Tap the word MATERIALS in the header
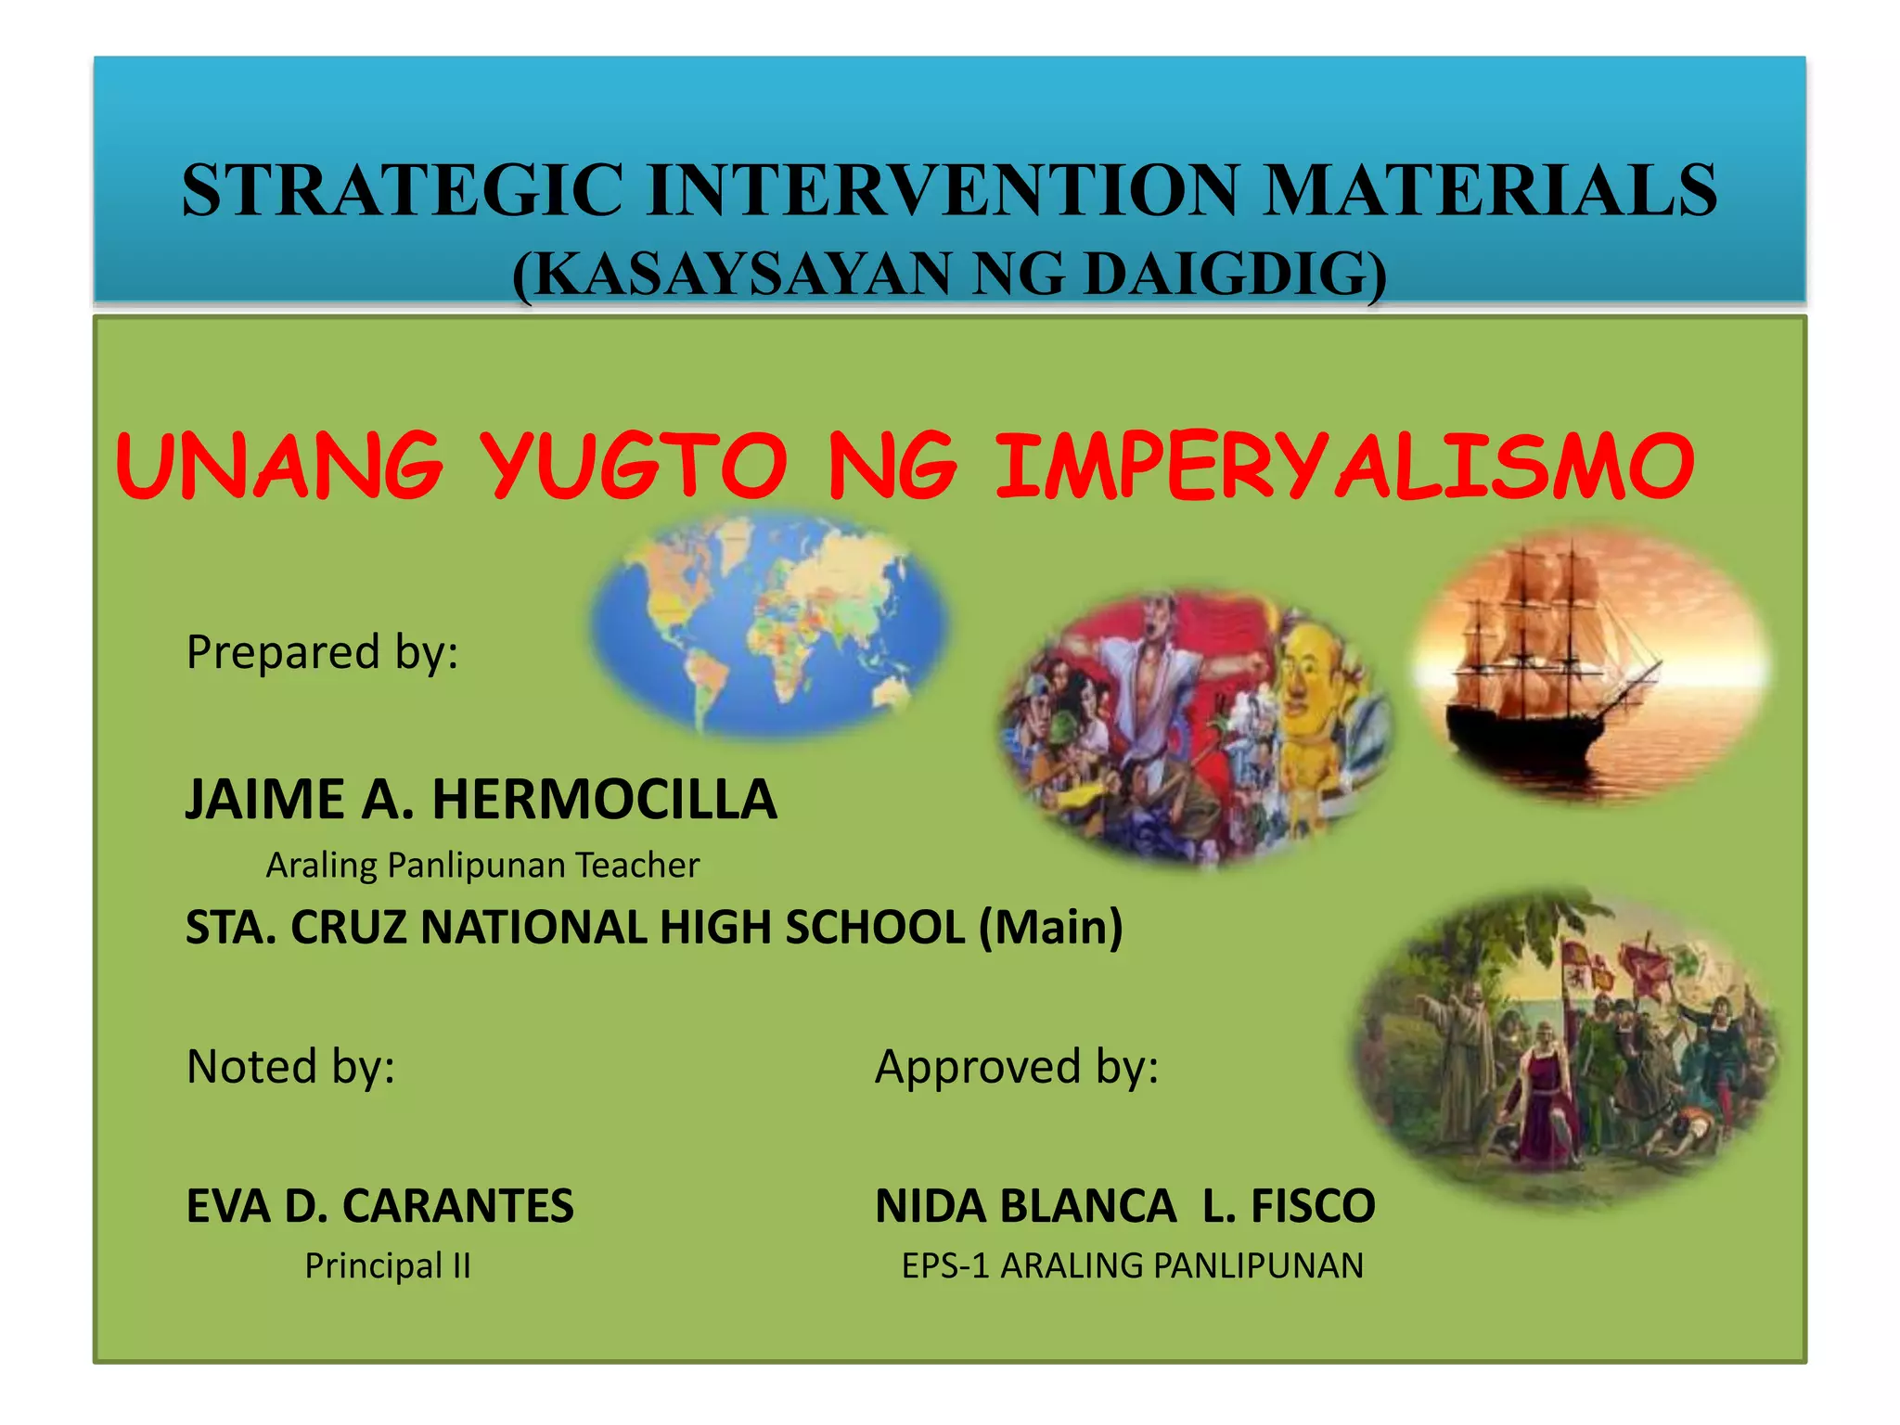coord(1491,190)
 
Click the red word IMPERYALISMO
coord(1344,466)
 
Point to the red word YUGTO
coord(635,466)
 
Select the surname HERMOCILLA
coord(604,800)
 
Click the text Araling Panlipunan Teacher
coord(482,866)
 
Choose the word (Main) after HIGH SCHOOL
coord(1051,927)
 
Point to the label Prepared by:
coord(322,651)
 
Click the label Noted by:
coord(290,1066)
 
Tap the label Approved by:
coord(1017,1066)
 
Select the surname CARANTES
coord(457,1206)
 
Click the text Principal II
coord(388,1265)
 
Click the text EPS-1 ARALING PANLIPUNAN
coord(1133,1265)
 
